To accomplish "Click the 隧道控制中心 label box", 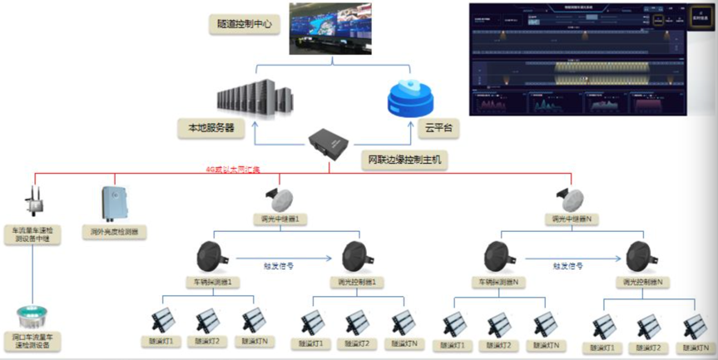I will (x=243, y=26).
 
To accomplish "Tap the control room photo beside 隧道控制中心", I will (x=332, y=28).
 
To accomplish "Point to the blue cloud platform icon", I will (x=410, y=99).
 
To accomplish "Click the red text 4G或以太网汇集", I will (x=233, y=170).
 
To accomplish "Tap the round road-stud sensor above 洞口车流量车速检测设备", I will (x=32, y=317).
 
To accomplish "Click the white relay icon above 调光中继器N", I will (x=572, y=198).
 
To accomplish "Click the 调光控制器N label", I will (x=646, y=283).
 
